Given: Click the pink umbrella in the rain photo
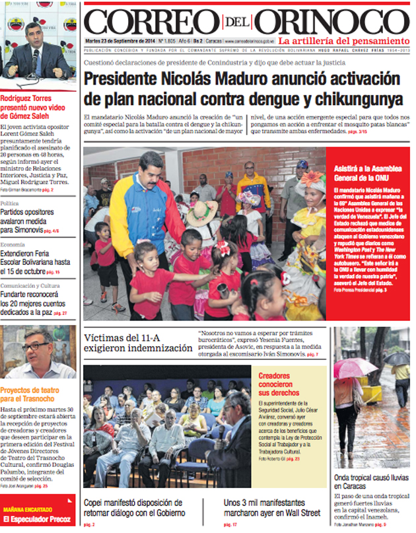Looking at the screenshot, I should point(355,367).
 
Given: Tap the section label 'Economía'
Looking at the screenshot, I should point(13,244).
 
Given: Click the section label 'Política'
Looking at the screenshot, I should point(10,203).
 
